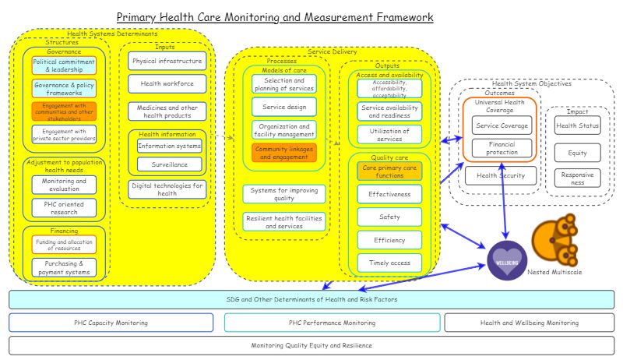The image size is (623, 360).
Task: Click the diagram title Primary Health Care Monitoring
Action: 275,16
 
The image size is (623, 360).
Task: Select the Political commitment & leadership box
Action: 64,65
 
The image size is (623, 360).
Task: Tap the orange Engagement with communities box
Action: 64,111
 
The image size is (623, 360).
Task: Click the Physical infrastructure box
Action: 167,61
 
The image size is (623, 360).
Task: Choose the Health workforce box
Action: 167,83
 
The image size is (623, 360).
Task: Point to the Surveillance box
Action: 169,164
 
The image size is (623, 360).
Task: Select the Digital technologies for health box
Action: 167,189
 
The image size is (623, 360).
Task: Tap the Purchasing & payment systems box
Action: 64,268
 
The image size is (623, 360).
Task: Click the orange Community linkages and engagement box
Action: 284,152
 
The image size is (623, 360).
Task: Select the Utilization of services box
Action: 389,134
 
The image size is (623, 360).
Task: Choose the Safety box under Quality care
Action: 389,217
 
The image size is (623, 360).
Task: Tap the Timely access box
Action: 389,263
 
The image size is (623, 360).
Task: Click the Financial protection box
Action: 502,148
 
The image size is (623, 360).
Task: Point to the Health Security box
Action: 501,175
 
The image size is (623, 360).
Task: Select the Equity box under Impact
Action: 578,152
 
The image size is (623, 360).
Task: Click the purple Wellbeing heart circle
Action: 507,259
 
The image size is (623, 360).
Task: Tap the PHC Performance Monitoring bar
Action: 327,323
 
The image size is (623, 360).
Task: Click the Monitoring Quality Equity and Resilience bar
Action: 311,345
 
